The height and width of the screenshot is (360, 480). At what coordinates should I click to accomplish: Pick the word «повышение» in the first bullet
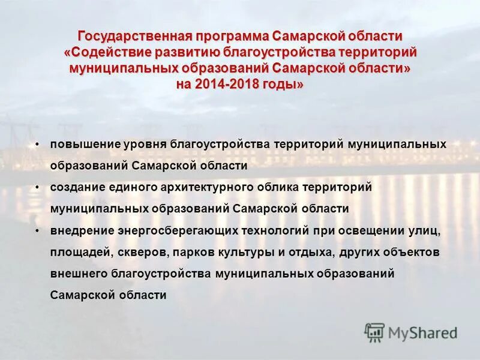tap(85, 144)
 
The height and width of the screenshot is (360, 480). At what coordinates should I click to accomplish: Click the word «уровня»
tap(146, 144)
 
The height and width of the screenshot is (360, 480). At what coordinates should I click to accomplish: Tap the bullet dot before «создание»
tap(37, 187)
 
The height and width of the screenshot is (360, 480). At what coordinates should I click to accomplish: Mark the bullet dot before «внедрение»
tap(37, 230)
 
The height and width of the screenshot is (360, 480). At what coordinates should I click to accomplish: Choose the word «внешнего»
tap(78, 274)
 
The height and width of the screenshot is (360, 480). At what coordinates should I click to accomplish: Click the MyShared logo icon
tap(374, 332)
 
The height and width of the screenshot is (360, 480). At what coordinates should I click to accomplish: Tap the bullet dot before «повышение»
tap(37, 144)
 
